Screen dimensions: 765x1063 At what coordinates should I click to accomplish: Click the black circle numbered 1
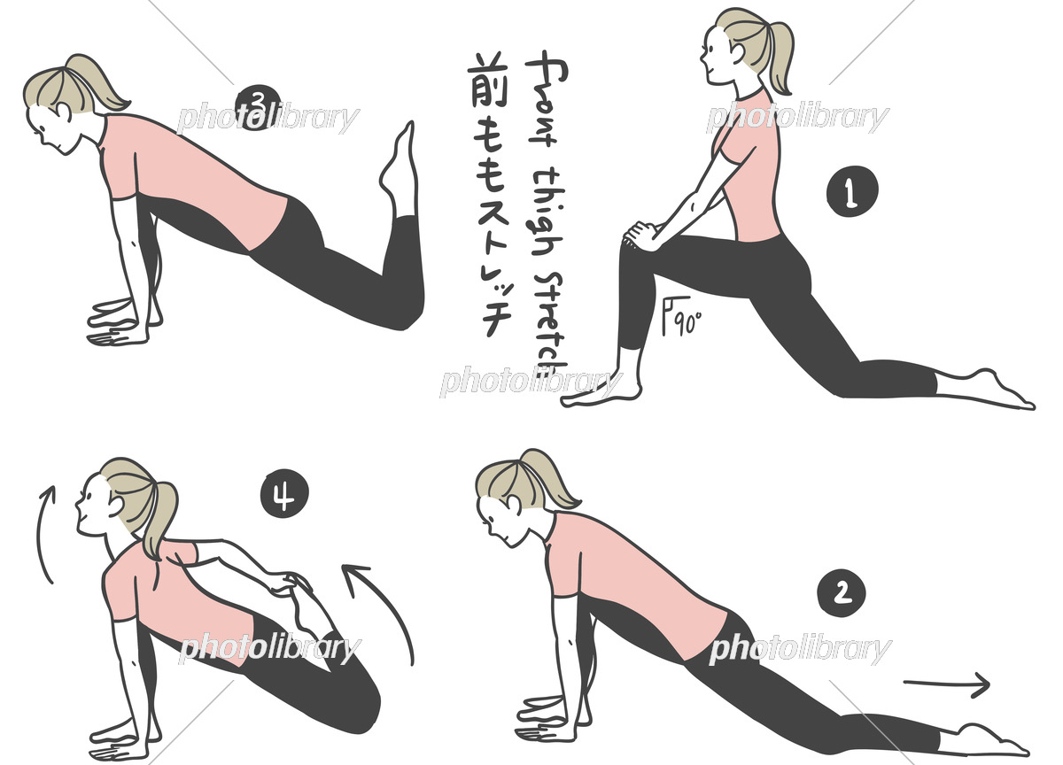(x=851, y=193)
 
